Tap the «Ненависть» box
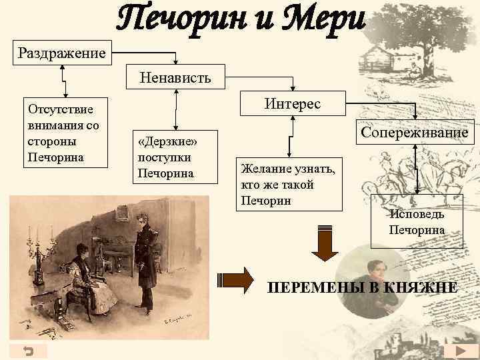tap(175, 77)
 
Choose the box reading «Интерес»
tap(292, 104)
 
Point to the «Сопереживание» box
tap(415, 133)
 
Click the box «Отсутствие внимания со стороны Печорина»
tap(61, 134)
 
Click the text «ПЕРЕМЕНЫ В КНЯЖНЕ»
tap(362, 288)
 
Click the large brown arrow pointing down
tap(326, 243)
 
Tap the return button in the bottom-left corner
tap(29, 351)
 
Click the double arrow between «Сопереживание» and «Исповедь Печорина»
tap(417, 170)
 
